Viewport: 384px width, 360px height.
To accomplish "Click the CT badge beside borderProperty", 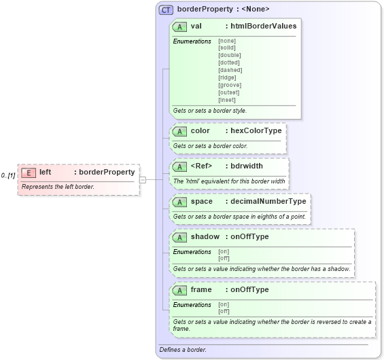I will click(x=166, y=10).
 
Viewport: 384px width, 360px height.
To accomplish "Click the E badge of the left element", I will click(x=29, y=173).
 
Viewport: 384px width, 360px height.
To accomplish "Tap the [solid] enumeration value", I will click(x=227, y=48).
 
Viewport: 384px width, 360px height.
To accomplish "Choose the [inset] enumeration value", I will click(x=227, y=100).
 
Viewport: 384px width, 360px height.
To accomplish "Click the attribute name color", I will click(x=200, y=130).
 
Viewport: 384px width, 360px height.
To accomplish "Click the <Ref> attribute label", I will click(x=201, y=166).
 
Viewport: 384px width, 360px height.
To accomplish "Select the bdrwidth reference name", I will click(x=247, y=166).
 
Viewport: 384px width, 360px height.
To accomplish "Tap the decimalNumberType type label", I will click(x=268, y=201).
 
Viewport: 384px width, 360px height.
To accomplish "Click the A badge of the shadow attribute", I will click(x=180, y=237).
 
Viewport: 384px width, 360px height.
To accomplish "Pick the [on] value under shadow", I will click(x=224, y=251).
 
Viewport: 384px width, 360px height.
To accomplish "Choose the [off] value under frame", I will click(x=224, y=311).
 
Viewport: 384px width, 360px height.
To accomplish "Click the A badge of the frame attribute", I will click(x=180, y=290).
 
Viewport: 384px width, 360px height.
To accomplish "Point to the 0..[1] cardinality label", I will click(x=8, y=176).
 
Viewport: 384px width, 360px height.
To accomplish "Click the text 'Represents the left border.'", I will click(x=58, y=186).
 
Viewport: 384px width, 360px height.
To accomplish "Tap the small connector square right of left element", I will click(x=143, y=179).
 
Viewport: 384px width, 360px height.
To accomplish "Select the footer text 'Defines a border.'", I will click(x=183, y=350).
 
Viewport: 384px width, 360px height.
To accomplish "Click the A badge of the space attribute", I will click(x=180, y=202).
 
